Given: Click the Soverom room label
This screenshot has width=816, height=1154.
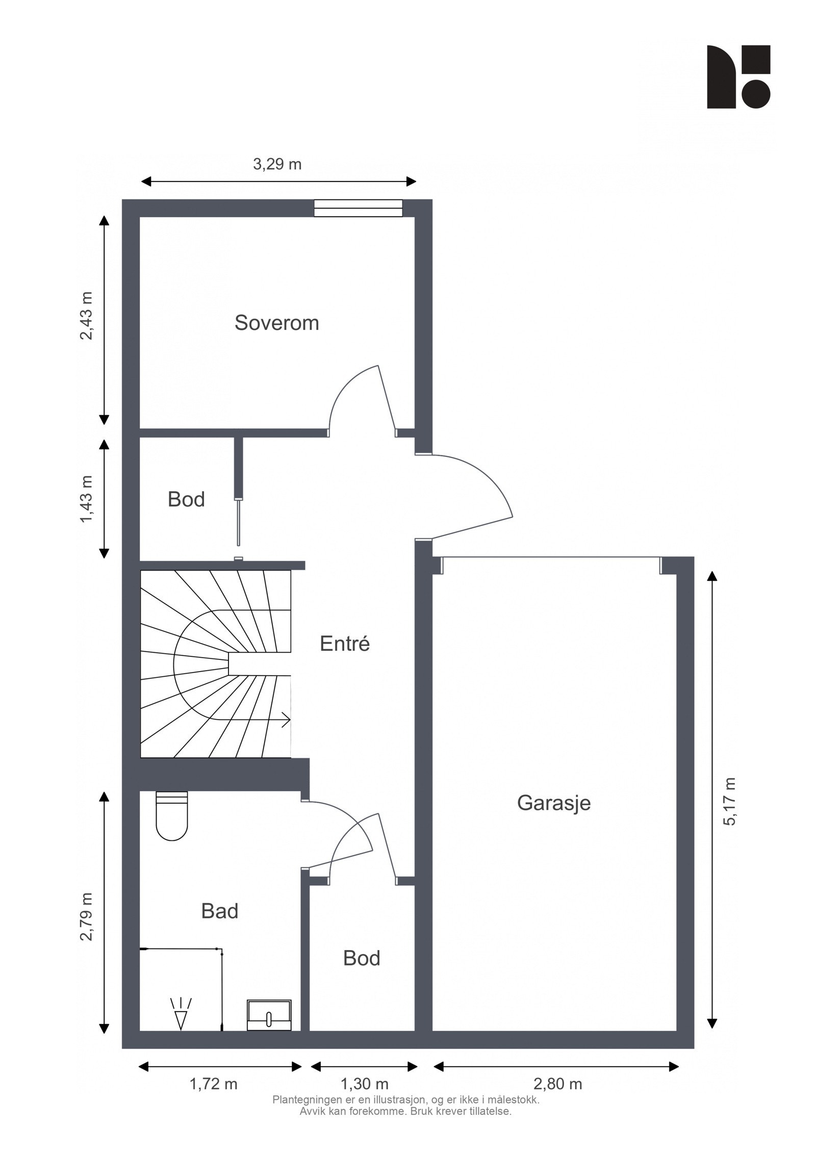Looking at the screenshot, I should [276, 323].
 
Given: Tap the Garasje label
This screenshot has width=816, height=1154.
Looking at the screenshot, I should [553, 803].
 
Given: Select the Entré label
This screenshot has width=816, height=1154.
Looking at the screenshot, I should [344, 644].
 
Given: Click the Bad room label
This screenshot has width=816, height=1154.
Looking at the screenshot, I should [219, 911].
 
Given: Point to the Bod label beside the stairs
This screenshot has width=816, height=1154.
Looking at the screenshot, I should [186, 499].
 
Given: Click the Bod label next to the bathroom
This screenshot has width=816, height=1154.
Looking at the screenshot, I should [361, 958].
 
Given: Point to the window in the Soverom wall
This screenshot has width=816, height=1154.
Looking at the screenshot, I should [358, 208].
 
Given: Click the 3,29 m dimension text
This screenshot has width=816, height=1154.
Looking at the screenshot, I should [277, 164].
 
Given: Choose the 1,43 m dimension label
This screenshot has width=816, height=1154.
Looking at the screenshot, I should [87, 499].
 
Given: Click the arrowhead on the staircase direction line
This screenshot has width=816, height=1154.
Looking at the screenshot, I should [287, 721].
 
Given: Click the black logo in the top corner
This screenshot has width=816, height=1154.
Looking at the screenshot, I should [738, 76].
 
